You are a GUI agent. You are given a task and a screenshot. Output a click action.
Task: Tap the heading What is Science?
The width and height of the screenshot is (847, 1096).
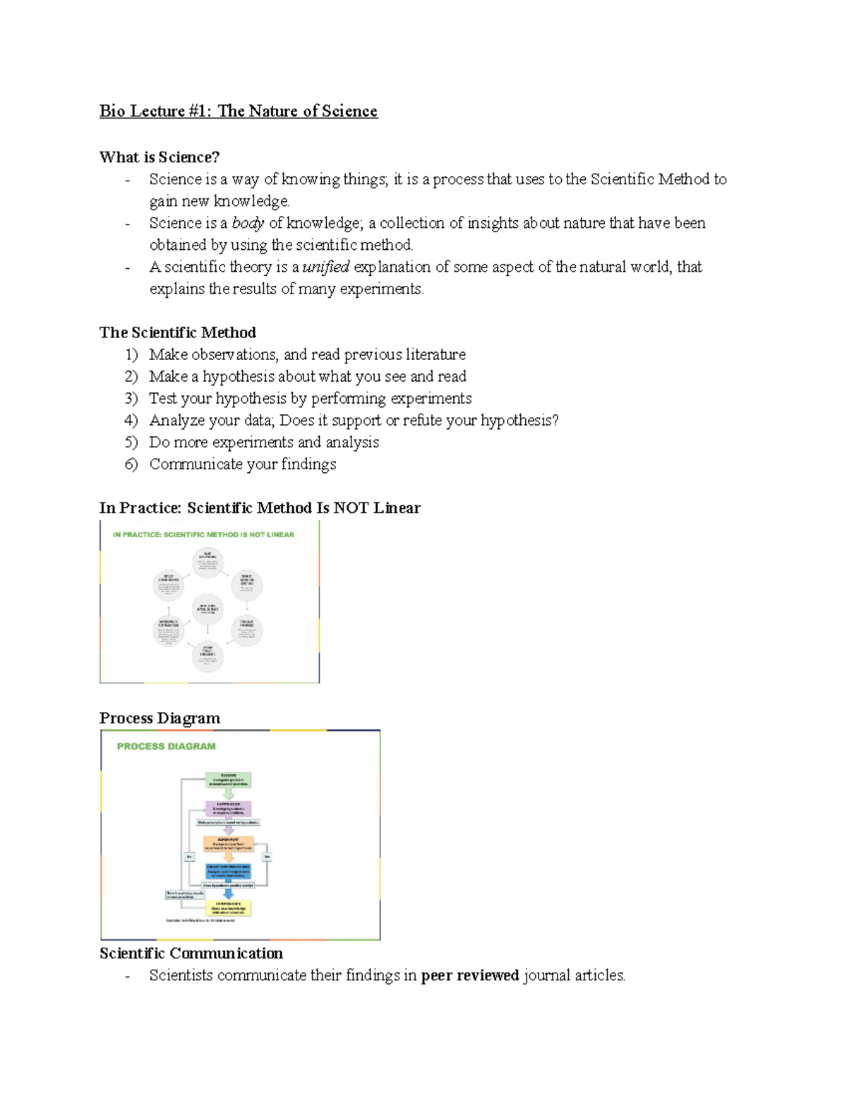(160, 157)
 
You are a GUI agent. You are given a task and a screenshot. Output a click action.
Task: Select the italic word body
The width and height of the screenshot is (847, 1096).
(248, 223)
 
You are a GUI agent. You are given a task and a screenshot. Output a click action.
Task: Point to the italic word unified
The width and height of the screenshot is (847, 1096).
(325, 267)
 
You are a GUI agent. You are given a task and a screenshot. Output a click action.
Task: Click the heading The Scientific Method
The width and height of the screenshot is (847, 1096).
(177, 332)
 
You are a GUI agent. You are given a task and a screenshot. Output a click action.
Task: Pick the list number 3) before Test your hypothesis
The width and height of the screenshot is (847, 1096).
(131, 399)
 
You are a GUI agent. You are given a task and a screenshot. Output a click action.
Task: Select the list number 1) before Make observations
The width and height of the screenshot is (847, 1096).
(131, 355)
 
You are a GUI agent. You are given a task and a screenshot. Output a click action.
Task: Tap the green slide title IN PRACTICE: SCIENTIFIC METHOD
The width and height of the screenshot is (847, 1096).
(203, 535)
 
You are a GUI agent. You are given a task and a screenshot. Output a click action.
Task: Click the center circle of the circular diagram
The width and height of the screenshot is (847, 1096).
(208, 609)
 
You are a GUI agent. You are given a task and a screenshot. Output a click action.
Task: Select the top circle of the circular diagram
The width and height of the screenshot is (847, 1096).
(208, 562)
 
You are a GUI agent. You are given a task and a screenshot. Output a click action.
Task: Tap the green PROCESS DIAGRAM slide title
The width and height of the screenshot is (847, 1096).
(166, 747)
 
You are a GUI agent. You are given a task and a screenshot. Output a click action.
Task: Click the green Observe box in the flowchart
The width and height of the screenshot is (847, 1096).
(228, 780)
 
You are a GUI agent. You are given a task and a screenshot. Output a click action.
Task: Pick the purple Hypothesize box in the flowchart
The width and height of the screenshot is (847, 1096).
(228, 809)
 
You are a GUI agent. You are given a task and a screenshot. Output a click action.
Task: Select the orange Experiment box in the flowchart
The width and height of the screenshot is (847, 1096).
(228, 843)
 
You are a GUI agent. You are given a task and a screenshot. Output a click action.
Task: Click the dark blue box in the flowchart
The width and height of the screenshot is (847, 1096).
(228, 871)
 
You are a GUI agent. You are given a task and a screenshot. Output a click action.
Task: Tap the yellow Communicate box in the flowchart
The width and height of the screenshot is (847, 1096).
(228, 908)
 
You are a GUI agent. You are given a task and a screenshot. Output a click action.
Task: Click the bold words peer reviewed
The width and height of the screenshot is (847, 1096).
(470, 976)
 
